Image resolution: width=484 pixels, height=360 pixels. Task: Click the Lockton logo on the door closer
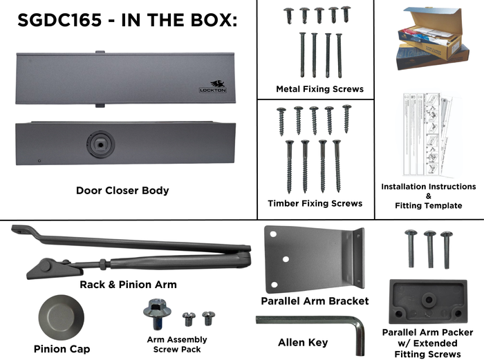[x=213, y=86]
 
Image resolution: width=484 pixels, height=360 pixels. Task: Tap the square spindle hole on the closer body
[x=100, y=144]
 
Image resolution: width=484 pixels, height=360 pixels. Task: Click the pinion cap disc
[x=62, y=317]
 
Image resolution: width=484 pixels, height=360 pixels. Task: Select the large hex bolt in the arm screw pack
[x=157, y=314]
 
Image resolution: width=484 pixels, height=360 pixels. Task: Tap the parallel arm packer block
[x=429, y=301]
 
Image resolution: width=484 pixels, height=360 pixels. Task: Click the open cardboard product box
[x=432, y=39]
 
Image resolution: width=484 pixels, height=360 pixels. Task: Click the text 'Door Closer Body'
[x=122, y=191]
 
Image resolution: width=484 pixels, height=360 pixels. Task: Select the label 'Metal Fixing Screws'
[x=319, y=89]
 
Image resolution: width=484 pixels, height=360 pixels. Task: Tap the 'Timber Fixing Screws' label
[x=315, y=204]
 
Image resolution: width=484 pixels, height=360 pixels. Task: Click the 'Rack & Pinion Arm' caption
[x=128, y=285]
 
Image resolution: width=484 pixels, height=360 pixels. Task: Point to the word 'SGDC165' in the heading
[x=59, y=20]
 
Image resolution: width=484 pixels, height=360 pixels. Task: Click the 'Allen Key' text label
[x=303, y=343]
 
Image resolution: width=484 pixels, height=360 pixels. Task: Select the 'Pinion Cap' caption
[x=62, y=349]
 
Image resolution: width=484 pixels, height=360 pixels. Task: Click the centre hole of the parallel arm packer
[x=429, y=299]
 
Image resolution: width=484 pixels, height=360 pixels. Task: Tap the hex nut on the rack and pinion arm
[x=103, y=264]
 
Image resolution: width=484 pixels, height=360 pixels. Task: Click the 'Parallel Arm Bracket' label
[x=315, y=301]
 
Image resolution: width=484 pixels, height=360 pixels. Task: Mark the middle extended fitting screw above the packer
[x=430, y=249]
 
